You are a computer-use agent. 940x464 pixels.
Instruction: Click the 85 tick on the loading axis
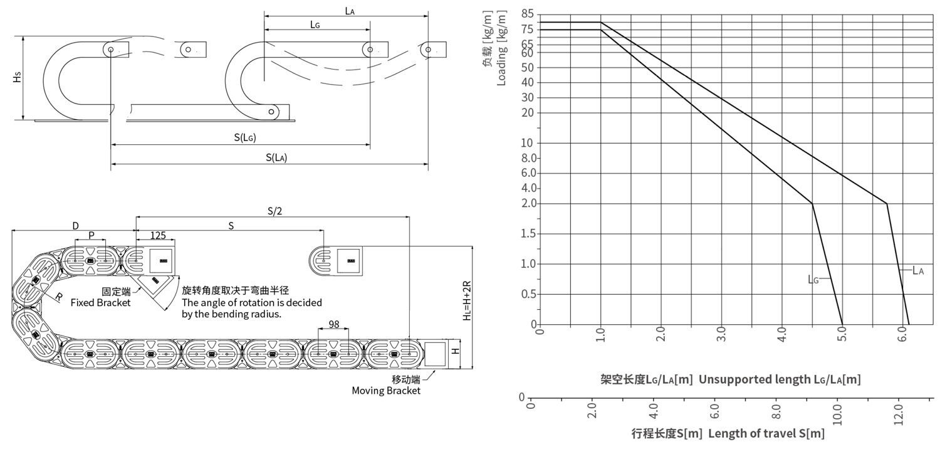coord(528,14)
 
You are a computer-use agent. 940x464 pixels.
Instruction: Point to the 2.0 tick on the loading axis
coord(529,203)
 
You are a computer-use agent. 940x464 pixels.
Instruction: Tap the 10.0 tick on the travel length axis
coord(837,415)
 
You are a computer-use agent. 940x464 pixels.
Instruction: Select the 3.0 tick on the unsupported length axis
coord(721,334)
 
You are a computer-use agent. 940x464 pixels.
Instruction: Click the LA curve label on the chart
coord(918,270)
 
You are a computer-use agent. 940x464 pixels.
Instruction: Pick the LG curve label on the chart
coord(813,279)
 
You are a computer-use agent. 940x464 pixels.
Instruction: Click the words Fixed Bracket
coord(100,303)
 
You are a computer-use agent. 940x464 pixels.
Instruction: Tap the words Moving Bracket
coord(386,391)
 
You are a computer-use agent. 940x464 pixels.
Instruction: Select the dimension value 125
coord(158,236)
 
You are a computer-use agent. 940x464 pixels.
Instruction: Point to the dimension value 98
coord(333,324)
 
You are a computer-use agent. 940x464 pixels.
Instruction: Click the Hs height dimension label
coord(17,77)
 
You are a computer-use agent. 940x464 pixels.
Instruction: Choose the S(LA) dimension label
coord(276,157)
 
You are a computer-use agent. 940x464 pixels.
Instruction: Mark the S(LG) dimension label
coord(245,137)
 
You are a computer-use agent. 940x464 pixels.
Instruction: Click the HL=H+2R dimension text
coord(467,300)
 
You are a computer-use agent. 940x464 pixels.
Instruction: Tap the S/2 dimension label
coord(275,211)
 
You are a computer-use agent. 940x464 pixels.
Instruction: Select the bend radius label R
coord(59,297)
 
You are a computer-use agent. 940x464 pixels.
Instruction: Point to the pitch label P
coord(91,236)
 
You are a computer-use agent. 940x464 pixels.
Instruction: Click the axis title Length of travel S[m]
coord(766,433)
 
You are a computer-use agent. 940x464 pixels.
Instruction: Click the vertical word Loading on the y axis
coord(501,66)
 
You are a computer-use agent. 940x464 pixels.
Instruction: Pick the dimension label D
coord(76,226)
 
